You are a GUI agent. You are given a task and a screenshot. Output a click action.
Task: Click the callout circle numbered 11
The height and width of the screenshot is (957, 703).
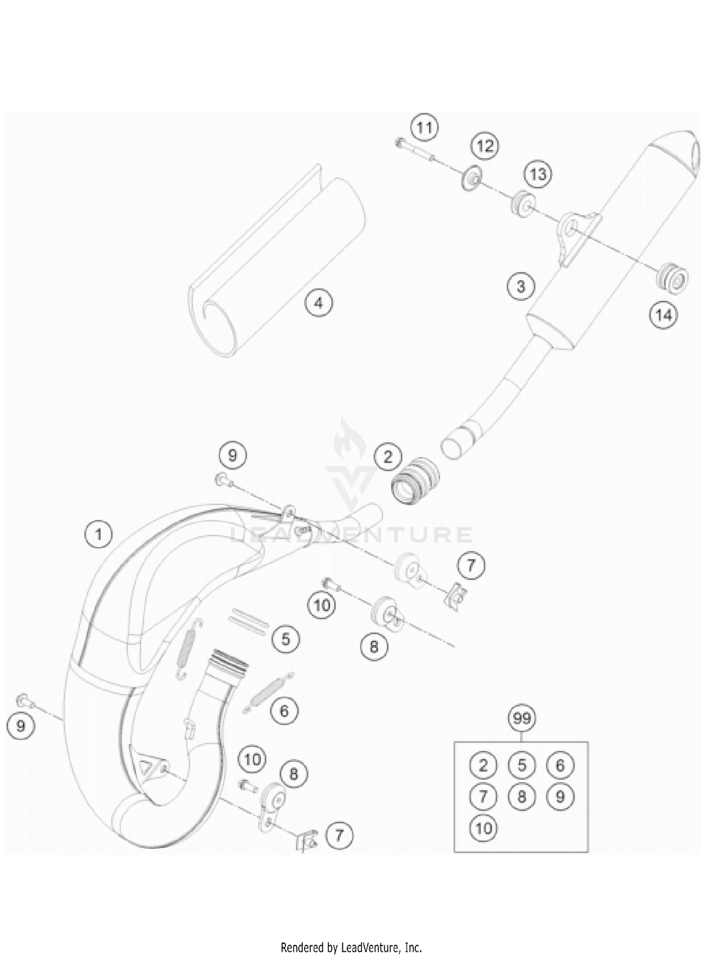pyautogui.click(x=424, y=128)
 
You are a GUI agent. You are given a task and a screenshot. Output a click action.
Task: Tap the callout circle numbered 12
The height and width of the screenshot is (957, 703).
pyautogui.click(x=485, y=146)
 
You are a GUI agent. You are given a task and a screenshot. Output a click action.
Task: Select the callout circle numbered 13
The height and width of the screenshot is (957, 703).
pyautogui.click(x=538, y=174)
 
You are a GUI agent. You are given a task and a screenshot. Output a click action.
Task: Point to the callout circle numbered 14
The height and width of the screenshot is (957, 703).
pyautogui.click(x=663, y=315)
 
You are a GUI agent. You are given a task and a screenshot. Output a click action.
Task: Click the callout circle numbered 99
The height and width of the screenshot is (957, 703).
pyautogui.click(x=522, y=718)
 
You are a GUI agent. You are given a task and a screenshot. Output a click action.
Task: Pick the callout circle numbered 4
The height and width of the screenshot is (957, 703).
pyautogui.click(x=319, y=303)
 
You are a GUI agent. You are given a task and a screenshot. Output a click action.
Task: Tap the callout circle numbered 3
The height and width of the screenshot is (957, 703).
pyautogui.click(x=521, y=286)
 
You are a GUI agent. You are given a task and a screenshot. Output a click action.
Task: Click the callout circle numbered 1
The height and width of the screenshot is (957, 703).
pyautogui.click(x=98, y=535)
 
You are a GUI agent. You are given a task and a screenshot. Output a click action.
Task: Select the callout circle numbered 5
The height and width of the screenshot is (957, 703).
pyautogui.click(x=286, y=638)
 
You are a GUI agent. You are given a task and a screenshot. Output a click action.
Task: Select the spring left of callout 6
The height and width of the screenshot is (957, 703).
pyautogui.click(x=267, y=691)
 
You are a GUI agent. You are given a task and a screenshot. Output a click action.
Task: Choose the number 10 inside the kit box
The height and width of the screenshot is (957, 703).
pyautogui.click(x=483, y=828)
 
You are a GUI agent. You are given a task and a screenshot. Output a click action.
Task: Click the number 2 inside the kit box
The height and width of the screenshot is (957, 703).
pyautogui.click(x=483, y=765)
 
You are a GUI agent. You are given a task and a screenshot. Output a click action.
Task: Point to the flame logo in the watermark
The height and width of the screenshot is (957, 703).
pyautogui.click(x=346, y=438)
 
